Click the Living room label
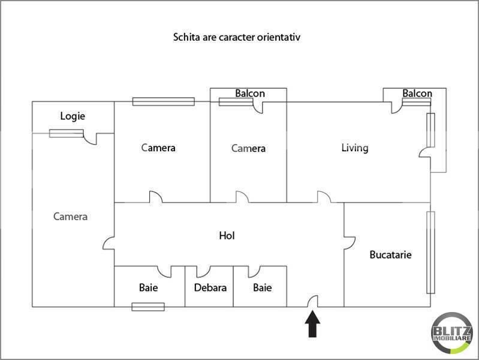[x=354, y=148]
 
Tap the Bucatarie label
[x=390, y=254]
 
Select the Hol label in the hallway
[x=227, y=236]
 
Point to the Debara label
[x=210, y=287]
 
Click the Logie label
[x=73, y=116]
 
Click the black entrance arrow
[x=312, y=325]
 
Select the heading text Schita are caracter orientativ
[x=236, y=37]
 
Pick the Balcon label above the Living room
[x=417, y=94]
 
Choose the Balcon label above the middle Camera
[x=249, y=94]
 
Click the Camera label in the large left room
[x=70, y=217]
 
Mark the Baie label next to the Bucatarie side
[x=262, y=287]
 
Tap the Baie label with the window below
[x=148, y=287]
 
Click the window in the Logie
[x=66, y=133]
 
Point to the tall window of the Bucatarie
[x=430, y=252]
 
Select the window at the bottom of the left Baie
[x=148, y=307]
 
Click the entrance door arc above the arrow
[x=312, y=301]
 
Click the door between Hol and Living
[x=324, y=197]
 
